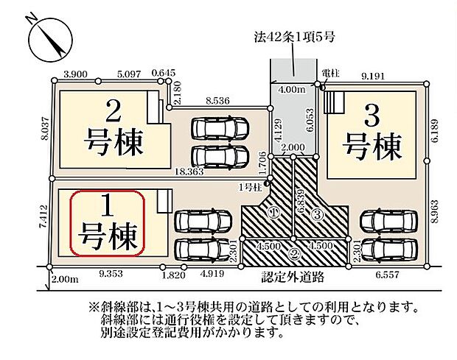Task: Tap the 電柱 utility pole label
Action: click(x=329, y=74)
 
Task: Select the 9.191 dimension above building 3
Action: click(x=374, y=74)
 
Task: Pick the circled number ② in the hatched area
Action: click(x=293, y=255)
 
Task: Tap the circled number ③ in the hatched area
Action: click(x=317, y=214)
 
